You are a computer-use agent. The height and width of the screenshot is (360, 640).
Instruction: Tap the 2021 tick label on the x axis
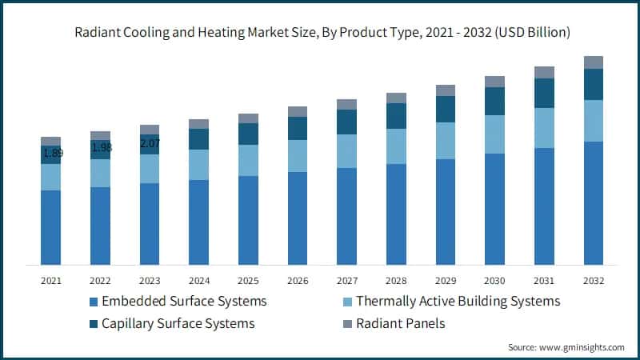coord(50,281)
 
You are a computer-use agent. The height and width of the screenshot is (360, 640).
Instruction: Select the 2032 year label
coord(594,281)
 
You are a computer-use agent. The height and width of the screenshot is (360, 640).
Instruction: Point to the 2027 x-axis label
coord(346,281)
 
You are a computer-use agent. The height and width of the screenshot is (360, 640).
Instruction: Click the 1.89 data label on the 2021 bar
coord(53,153)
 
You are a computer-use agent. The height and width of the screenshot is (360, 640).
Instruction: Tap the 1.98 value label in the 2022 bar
coord(102,148)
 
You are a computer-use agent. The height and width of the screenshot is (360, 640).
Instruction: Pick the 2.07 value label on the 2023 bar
coord(150,144)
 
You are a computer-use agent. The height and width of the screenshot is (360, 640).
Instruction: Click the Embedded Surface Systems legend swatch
coord(94,302)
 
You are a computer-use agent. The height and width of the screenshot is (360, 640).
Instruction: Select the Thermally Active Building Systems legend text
coord(458,302)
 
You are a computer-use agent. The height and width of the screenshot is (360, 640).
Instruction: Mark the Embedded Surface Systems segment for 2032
coord(594,203)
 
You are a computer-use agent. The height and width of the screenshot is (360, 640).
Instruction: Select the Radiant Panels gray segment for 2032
coord(594,62)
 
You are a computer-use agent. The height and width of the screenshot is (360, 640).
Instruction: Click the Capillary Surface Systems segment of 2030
coord(495,101)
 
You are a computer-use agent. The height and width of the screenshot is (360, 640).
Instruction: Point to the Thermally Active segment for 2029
coord(446,141)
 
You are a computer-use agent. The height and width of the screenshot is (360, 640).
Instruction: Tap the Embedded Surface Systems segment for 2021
coord(50,227)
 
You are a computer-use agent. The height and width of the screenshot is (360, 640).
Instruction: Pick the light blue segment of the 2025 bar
coord(248,160)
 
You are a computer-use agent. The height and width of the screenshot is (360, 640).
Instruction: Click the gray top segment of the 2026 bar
coord(298,111)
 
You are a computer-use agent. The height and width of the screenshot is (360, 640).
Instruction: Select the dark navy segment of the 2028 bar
coord(396,116)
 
